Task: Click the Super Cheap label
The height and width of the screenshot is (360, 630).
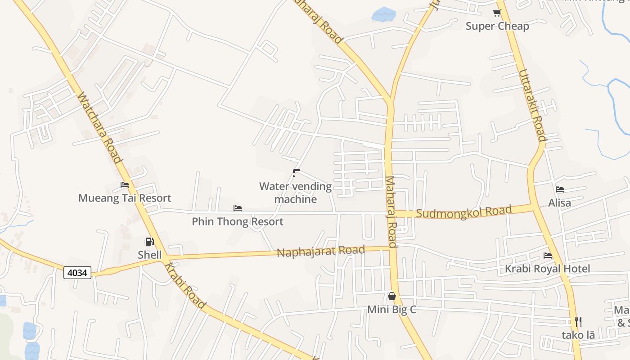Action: [x=497, y=26]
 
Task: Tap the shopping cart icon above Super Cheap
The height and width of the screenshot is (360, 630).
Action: [x=497, y=13]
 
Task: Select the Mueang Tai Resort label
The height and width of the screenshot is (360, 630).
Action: [x=125, y=198]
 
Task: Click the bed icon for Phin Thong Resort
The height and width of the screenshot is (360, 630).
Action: [x=238, y=208]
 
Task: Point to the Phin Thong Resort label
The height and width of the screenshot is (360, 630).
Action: [x=238, y=221]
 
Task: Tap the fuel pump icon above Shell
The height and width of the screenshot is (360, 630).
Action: [x=149, y=242]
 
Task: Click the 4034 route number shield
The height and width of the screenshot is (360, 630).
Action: [x=77, y=272]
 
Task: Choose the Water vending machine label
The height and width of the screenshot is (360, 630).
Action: [x=296, y=193]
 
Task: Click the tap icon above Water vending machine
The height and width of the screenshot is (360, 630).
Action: [x=296, y=173]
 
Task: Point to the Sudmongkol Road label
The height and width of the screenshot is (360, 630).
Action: [x=464, y=211]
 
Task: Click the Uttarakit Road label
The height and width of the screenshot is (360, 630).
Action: [x=532, y=105]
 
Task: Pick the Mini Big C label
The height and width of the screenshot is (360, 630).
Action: [x=391, y=310]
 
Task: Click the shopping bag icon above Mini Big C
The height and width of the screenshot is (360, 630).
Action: [x=392, y=296]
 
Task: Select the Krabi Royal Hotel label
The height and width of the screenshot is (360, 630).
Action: [x=547, y=269]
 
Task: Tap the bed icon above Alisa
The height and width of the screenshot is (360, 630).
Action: [x=560, y=189]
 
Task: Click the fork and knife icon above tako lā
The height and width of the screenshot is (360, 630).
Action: [x=578, y=321]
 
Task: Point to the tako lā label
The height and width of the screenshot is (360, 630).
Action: [x=578, y=335]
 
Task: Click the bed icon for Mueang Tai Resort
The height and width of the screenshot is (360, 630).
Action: [x=125, y=185]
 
